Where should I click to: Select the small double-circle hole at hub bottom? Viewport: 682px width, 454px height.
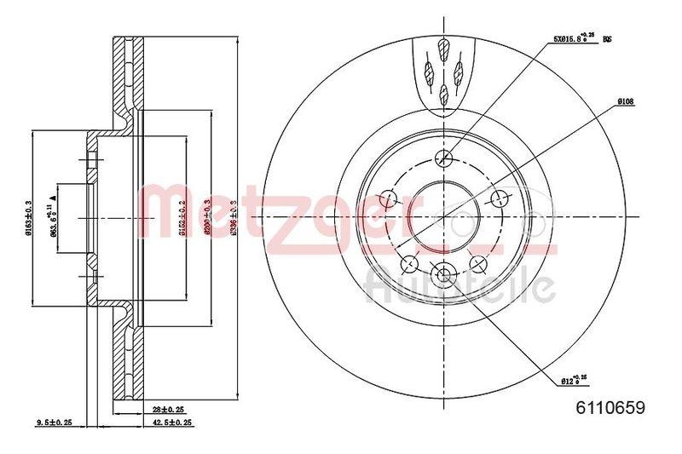pos(443,273)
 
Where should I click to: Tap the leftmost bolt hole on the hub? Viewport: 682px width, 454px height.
pos(390,199)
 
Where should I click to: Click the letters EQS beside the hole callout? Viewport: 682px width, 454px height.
pos(608,39)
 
